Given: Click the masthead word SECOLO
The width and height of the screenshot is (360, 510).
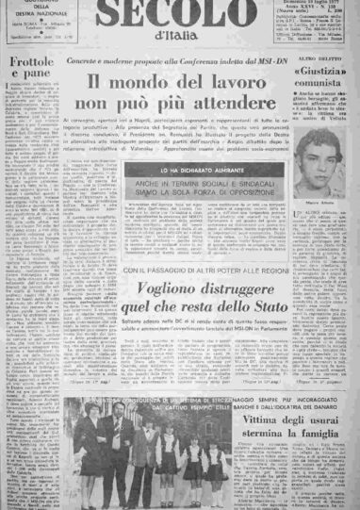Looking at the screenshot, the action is [174, 17].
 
